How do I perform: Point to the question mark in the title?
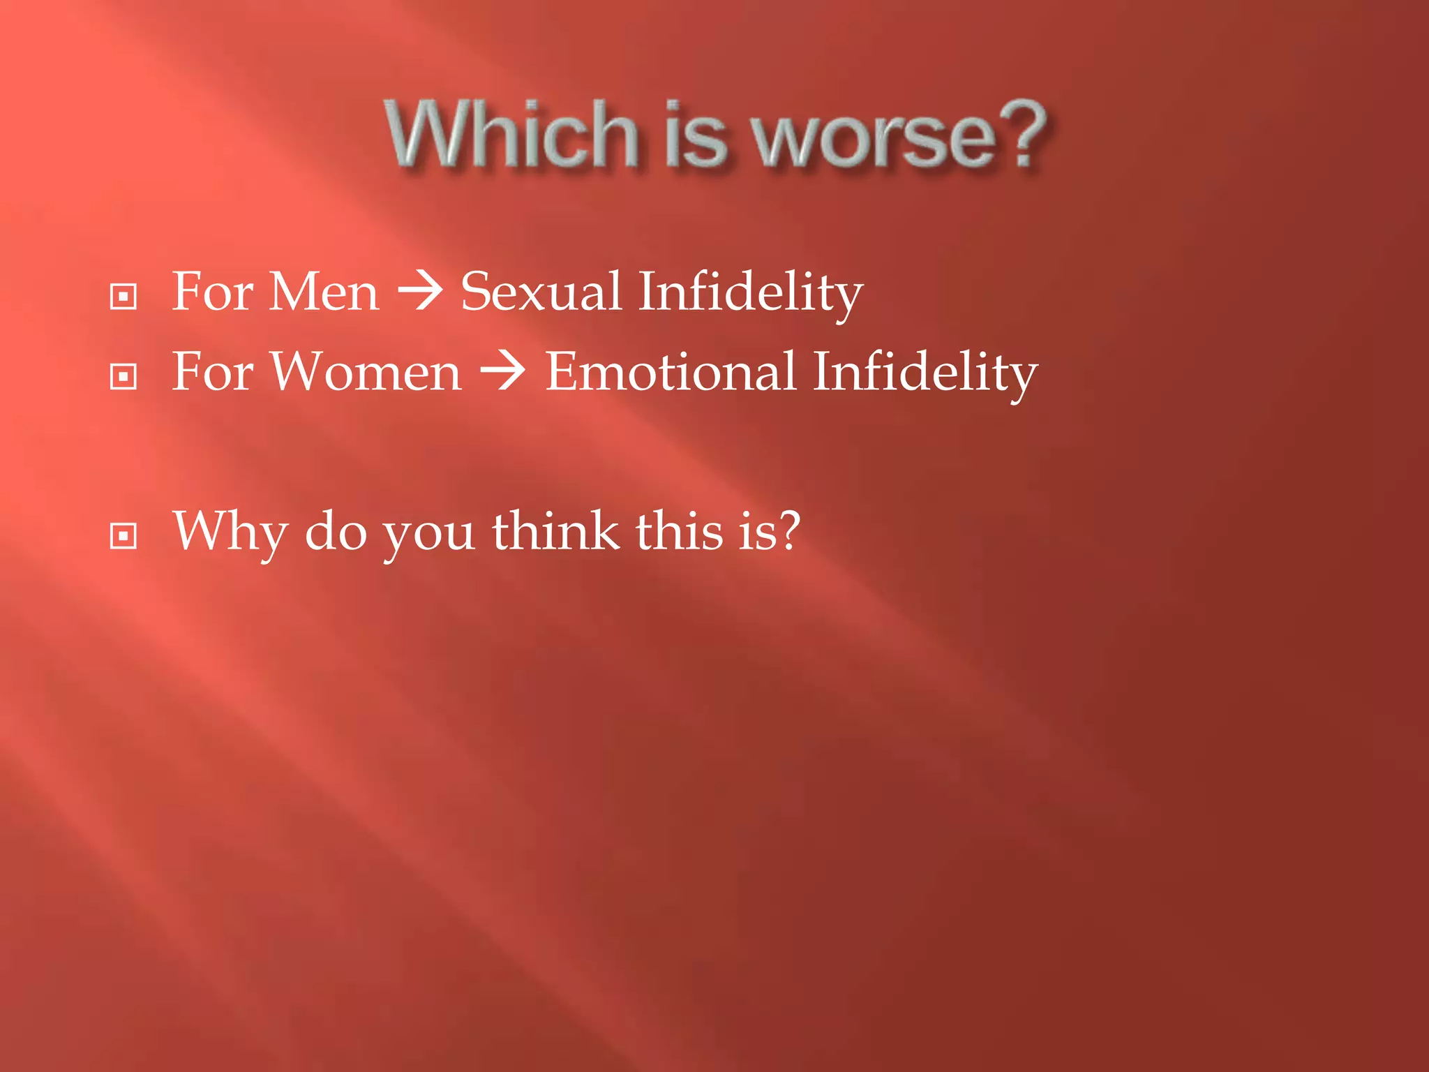pos(1023,133)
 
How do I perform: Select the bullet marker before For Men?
pos(124,297)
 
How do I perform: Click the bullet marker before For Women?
pos(124,377)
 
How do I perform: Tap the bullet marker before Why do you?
pos(124,536)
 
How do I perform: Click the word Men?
pos(324,292)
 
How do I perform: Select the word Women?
pos(366,372)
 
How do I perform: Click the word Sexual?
pos(541,292)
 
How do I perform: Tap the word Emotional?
pos(670,372)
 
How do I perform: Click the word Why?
pos(230,532)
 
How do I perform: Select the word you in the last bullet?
pos(429,535)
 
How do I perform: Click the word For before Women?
pos(212,372)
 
